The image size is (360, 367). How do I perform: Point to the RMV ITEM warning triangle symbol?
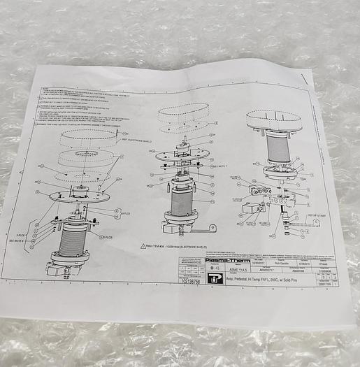[141, 247]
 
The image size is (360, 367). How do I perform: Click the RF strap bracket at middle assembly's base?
[203, 229]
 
